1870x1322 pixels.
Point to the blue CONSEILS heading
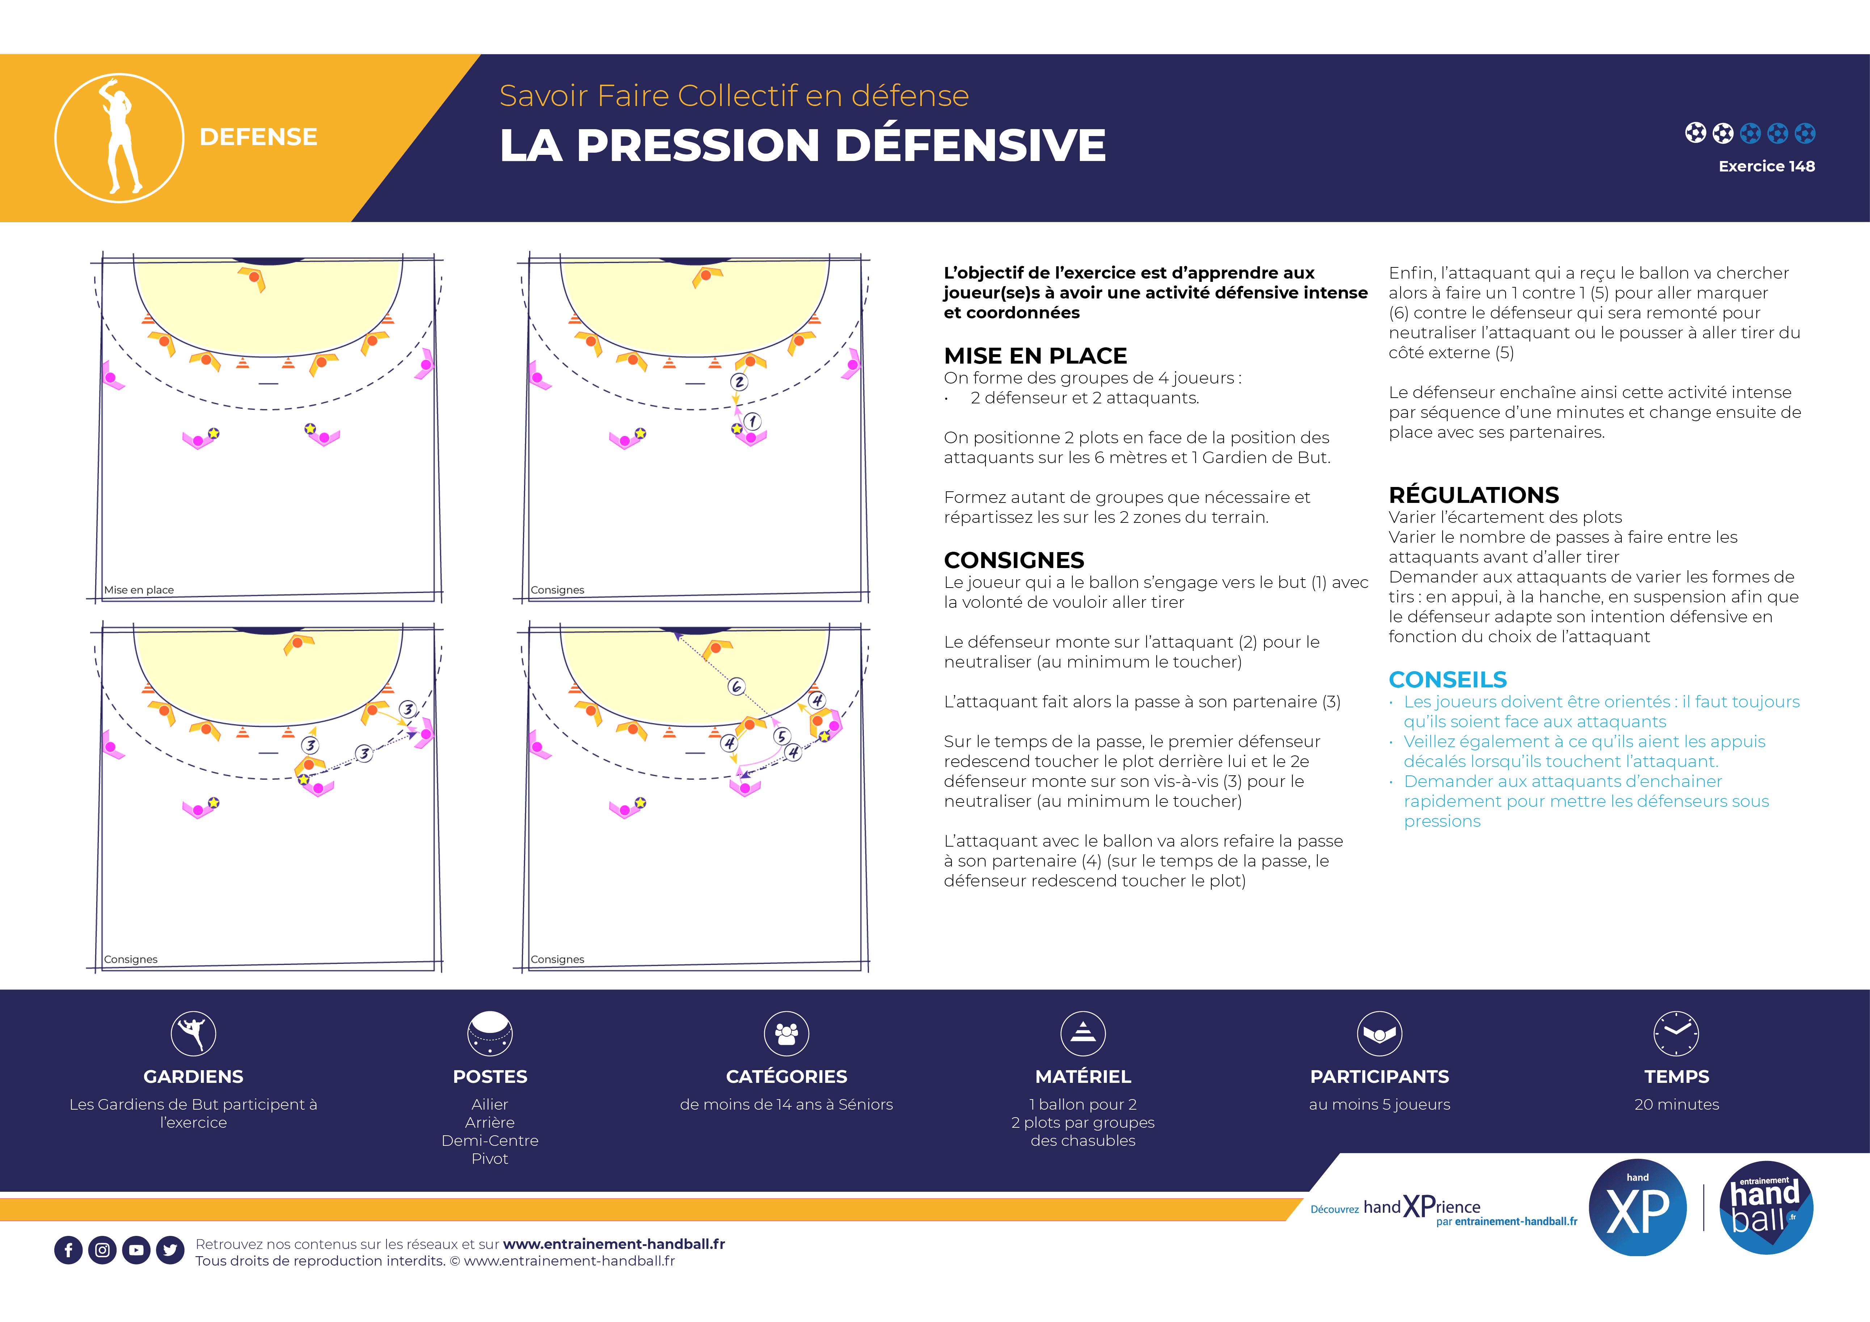(1447, 680)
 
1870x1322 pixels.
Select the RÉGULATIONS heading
(1473, 495)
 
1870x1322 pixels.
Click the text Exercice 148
(1766, 166)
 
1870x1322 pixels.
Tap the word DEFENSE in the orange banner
(258, 137)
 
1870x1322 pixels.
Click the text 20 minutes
(1676, 1105)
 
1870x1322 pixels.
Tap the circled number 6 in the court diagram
(736, 686)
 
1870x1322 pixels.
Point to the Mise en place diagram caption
(139, 590)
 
